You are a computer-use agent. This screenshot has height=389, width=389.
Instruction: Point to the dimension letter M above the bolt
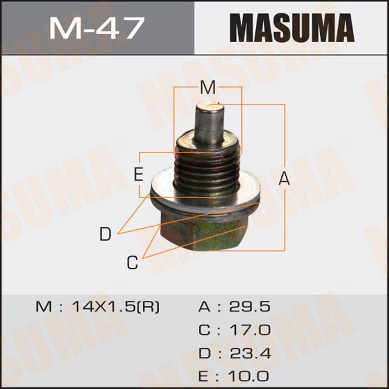click(208, 88)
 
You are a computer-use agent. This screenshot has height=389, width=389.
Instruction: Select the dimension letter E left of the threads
click(139, 176)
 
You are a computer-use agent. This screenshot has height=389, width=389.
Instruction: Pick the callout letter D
click(106, 234)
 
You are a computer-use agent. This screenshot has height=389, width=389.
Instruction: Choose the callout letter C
click(133, 263)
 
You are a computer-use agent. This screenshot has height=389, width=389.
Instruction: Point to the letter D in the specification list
click(205, 354)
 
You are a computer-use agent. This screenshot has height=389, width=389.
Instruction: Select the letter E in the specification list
click(205, 376)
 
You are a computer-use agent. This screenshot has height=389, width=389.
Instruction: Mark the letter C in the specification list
click(205, 331)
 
